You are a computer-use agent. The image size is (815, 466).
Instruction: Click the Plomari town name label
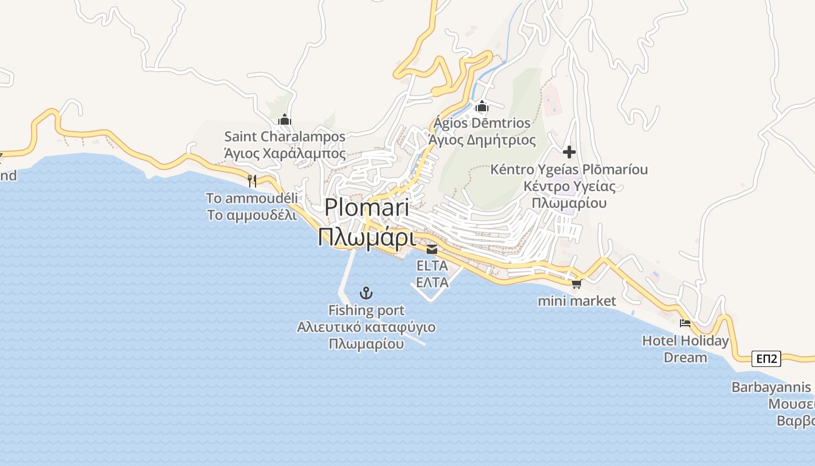point(366,207)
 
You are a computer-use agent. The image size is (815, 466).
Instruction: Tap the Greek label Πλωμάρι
point(366,237)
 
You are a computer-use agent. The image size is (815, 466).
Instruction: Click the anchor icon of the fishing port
point(366,293)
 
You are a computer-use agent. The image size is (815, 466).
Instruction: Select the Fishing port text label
point(366,310)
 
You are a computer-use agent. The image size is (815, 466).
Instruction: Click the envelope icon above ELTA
point(432,249)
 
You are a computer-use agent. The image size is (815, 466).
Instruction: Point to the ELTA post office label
point(432,266)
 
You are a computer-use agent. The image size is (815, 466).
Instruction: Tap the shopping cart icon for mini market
point(576,284)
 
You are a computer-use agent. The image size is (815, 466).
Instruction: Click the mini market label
point(576,301)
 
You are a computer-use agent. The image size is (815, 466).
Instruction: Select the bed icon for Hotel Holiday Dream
point(685,323)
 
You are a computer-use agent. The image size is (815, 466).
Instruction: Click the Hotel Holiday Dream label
point(685,341)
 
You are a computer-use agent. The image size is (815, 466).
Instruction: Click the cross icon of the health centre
point(569,153)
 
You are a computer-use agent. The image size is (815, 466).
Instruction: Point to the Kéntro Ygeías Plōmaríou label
point(569,170)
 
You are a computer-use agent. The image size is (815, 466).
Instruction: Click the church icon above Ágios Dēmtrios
point(481,107)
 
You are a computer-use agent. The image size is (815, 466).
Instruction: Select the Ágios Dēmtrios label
point(482,123)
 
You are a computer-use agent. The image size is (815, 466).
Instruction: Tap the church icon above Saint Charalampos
point(285,120)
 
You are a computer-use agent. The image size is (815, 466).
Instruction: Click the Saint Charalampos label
point(285,137)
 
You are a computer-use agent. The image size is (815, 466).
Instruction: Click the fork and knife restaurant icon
point(252,181)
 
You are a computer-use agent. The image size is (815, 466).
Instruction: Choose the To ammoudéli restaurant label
point(252,198)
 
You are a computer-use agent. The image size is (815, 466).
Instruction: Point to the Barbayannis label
point(771,387)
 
